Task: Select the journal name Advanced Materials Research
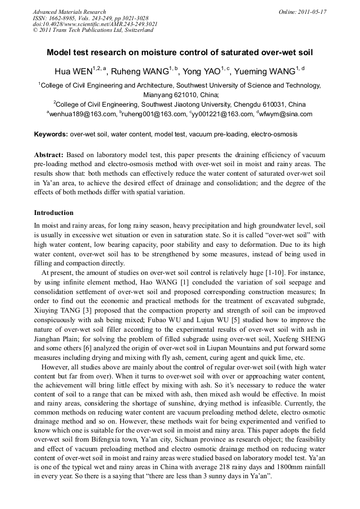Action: pyautogui.click(x=70, y=12)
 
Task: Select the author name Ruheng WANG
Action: pyautogui.click(x=140, y=72)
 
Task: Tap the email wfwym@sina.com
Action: pyautogui.click(x=286, y=114)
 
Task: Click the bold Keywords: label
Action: pyautogui.click(x=50, y=134)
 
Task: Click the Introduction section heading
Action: pyautogui.click(x=54, y=213)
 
